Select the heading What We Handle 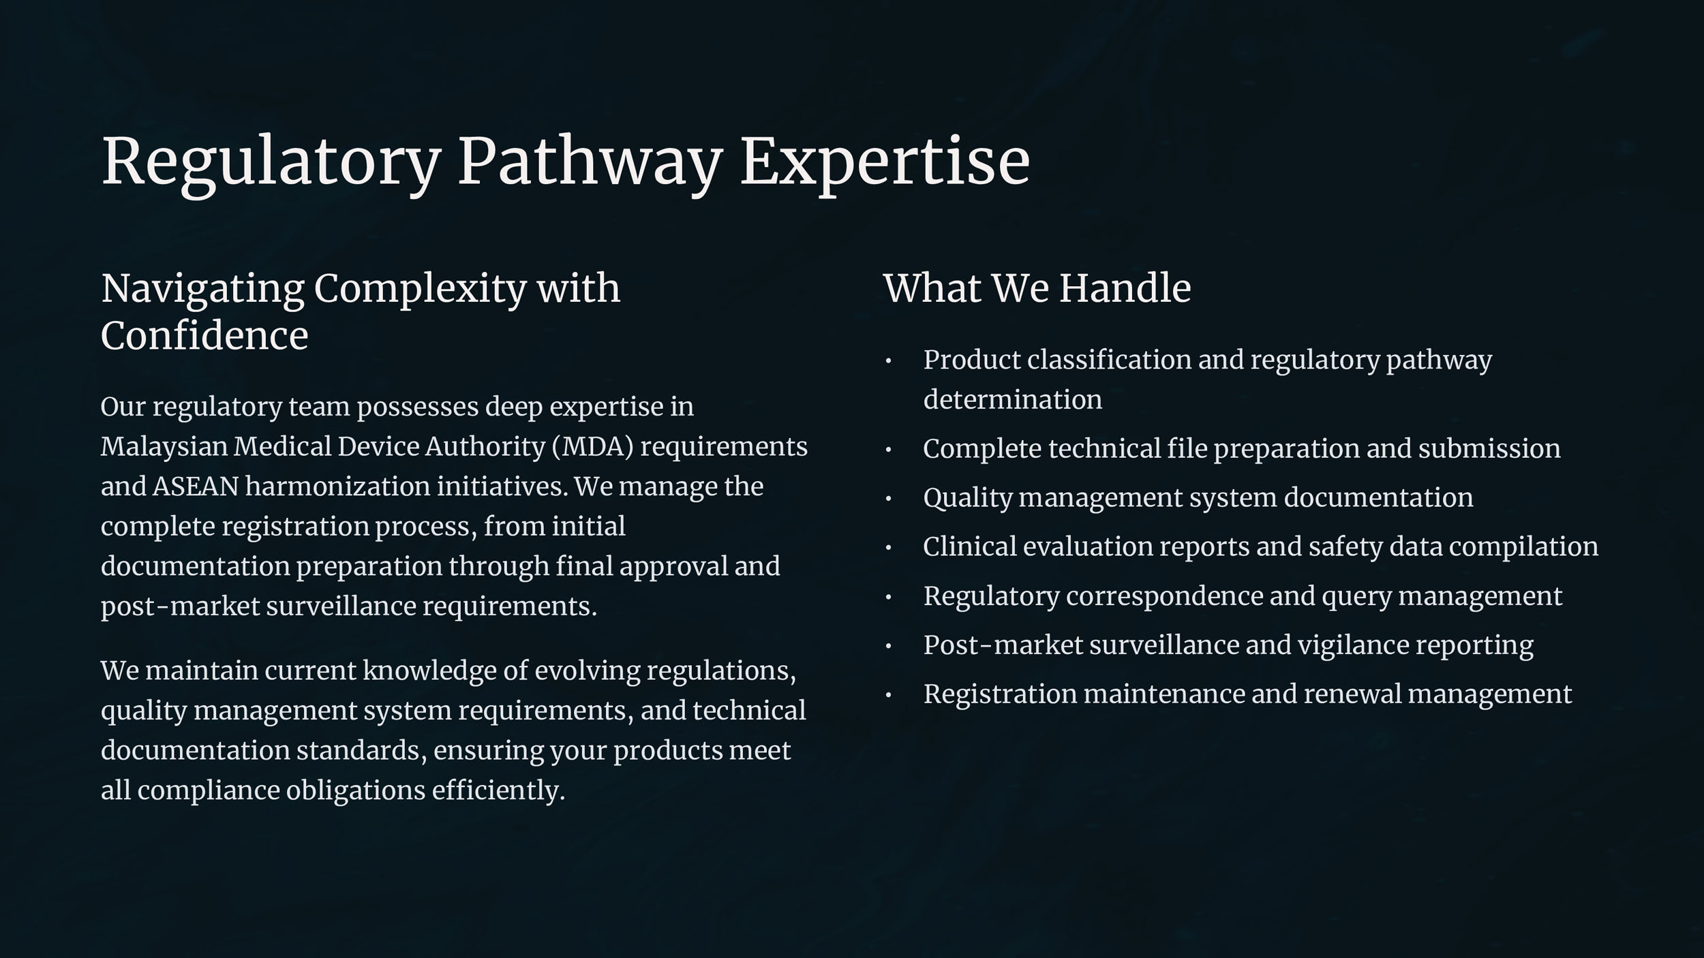pos(1037,288)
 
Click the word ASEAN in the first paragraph pos(196,486)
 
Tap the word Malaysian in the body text pos(164,447)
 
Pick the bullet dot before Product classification pos(888,361)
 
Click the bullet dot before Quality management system pos(888,499)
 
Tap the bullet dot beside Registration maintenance pos(888,695)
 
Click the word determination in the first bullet pos(1013,399)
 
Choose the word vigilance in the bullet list pos(1353,645)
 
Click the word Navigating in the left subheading pos(202,289)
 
